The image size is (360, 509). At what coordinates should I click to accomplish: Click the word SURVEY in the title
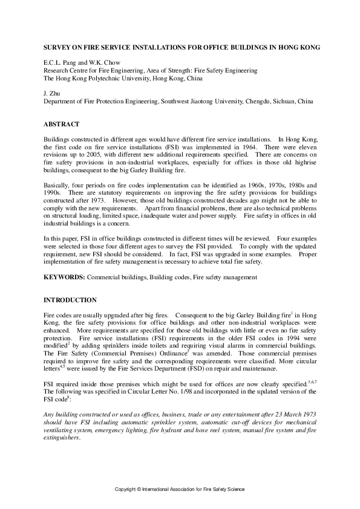(x=59, y=47)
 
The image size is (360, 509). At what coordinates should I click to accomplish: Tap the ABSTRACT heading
(x=61, y=125)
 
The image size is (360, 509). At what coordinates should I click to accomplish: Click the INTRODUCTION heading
(x=70, y=300)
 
